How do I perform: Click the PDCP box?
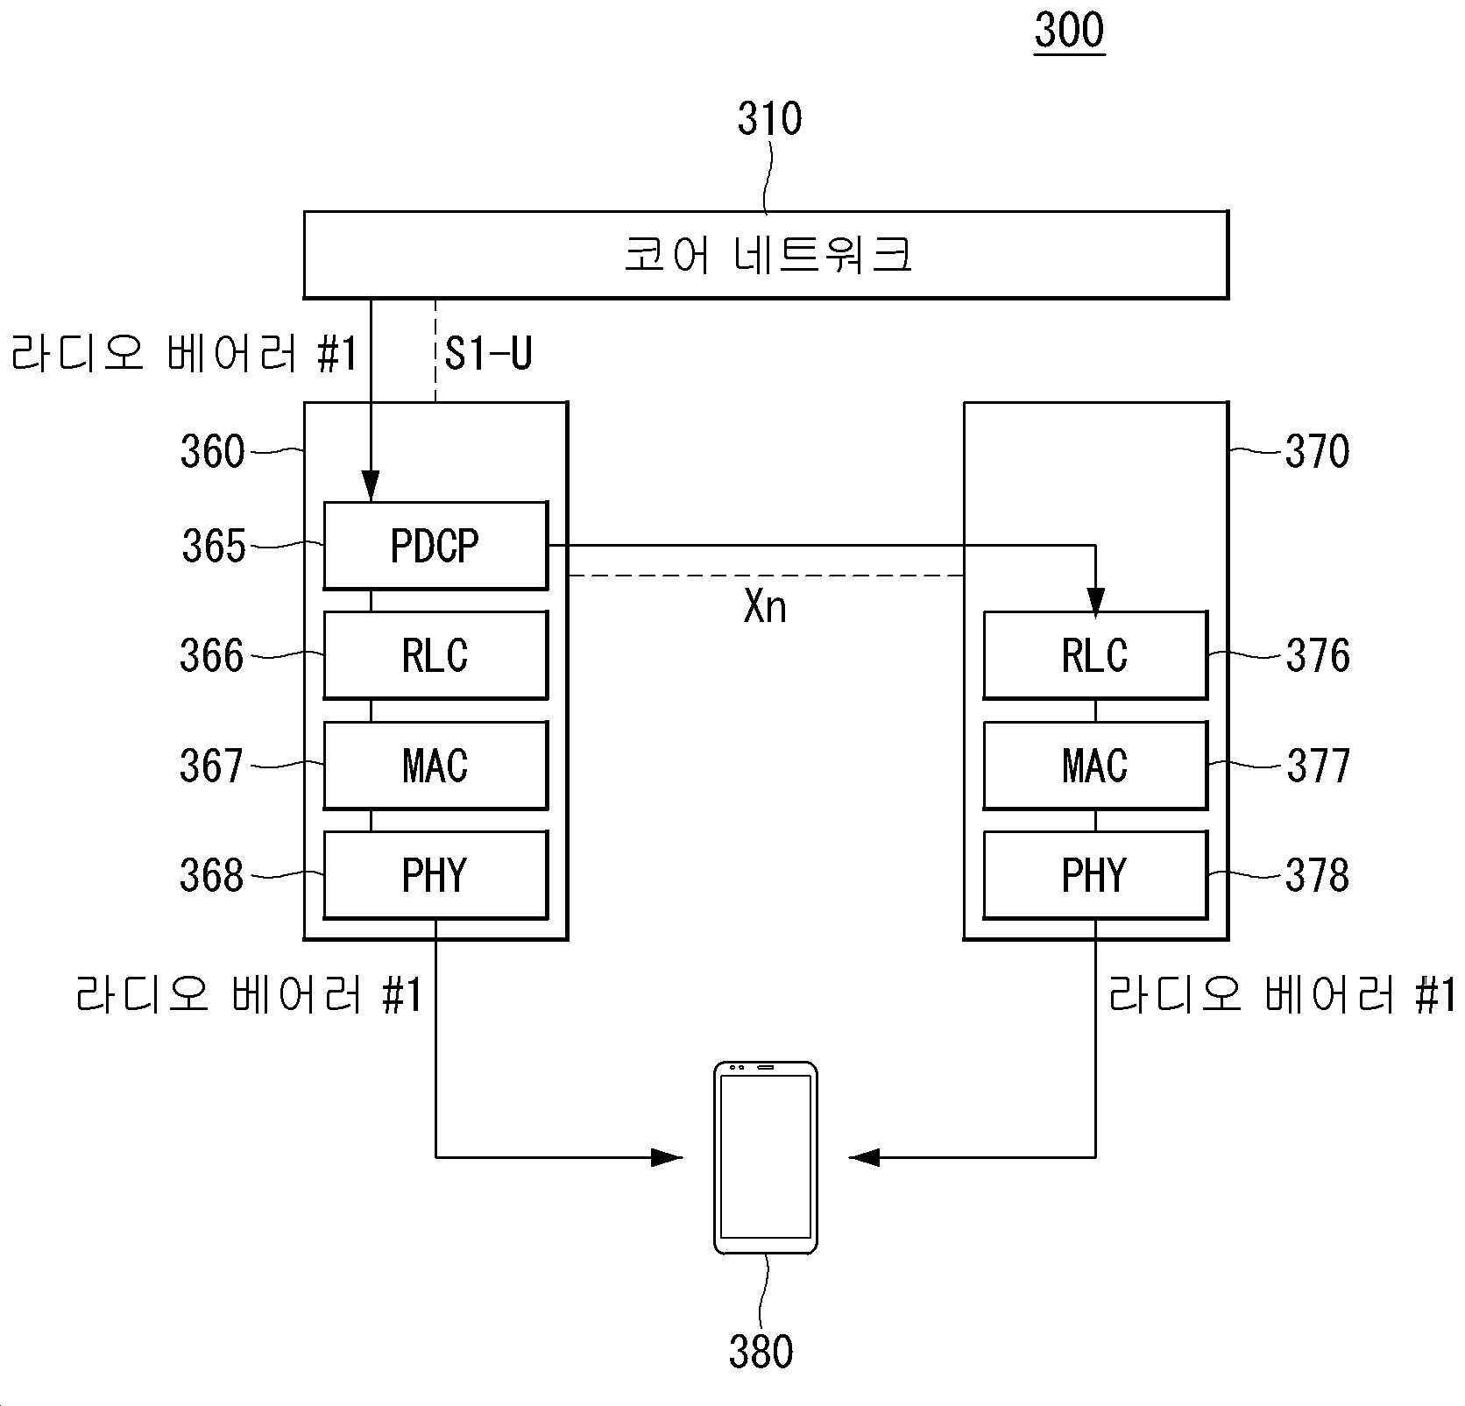click(435, 545)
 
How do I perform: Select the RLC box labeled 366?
click(435, 655)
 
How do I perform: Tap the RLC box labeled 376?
click(1095, 655)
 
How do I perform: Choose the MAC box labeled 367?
click(435, 765)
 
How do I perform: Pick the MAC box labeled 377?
click(1095, 765)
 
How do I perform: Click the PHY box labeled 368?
click(435, 875)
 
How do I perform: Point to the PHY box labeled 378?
click(1095, 875)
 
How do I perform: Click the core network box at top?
click(766, 255)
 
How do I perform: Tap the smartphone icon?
click(766, 1157)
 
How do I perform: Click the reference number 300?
click(1069, 31)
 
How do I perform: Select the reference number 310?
click(769, 119)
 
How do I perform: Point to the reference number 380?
click(761, 1351)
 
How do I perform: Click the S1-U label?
click(489, 354)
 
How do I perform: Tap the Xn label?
click(765, 606)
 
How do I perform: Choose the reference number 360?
click(212, 452)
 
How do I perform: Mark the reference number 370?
click(1318, 452)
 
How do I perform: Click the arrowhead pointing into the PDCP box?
click(371, 487)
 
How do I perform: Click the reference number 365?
click(214, 546)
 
